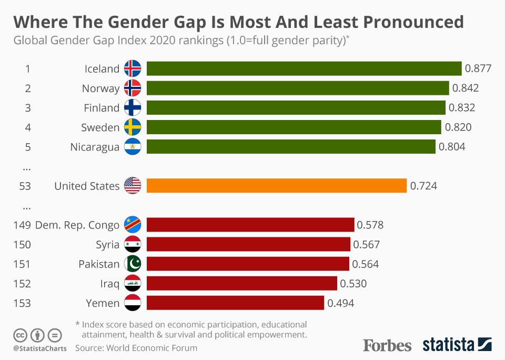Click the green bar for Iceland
coord(304,69)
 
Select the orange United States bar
coord(276,186)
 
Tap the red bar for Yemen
coord(235,303)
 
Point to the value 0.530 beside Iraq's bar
coord(353,284)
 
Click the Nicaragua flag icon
coord(133,147)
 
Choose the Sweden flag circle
coord(133,127)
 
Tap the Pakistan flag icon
coord(133,264)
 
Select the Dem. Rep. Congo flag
coord(133,225)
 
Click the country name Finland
coord(102,108)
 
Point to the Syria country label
coord(107,245)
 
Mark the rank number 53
coord(25,186)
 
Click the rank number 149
coord(22,225)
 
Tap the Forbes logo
coord(387,345)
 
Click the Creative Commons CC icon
coord(20,335)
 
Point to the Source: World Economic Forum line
coord(136,348)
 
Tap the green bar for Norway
coord(298,88)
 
